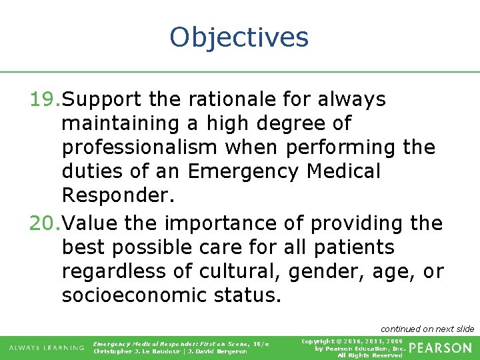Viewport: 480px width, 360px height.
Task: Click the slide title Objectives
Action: [x=239, y=37]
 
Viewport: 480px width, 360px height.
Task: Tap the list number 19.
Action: [x=45, y=99]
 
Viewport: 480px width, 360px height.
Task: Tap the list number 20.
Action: [x=45, y=223]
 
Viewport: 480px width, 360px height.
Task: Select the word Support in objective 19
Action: [x=103, y=99]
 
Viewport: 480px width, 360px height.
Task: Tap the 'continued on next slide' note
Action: [x=427, y=329]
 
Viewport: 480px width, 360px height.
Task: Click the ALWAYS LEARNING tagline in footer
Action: [x=46, y=347]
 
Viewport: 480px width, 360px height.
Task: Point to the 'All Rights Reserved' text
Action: [x=369, y=355]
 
